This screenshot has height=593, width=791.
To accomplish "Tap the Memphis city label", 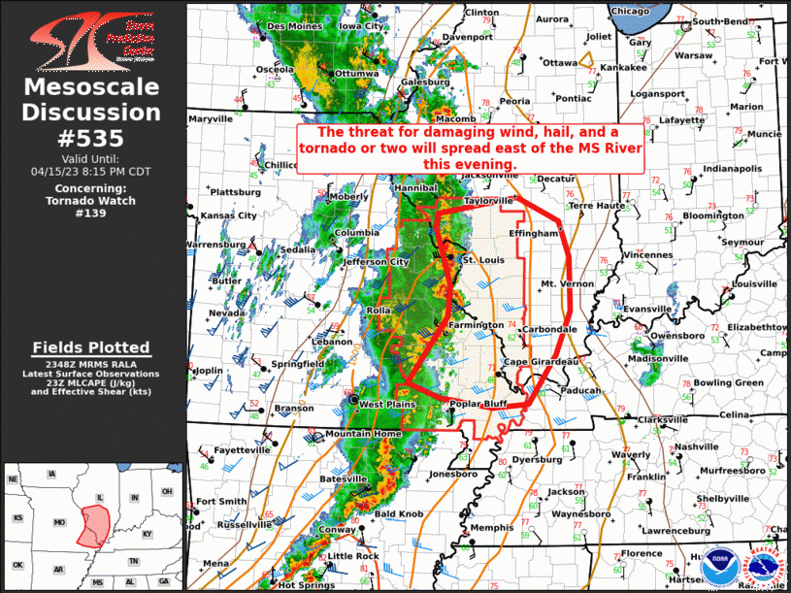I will coord(490,527).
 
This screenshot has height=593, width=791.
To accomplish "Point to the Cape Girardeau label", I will coord(541,362).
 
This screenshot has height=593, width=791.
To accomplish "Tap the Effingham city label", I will coord(534,234).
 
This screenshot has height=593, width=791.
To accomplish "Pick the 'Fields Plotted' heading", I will coord(91,346).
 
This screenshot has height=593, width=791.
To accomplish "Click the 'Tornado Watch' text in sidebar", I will coord(91,201).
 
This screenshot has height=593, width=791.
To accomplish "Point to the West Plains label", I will coord(387,404).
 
